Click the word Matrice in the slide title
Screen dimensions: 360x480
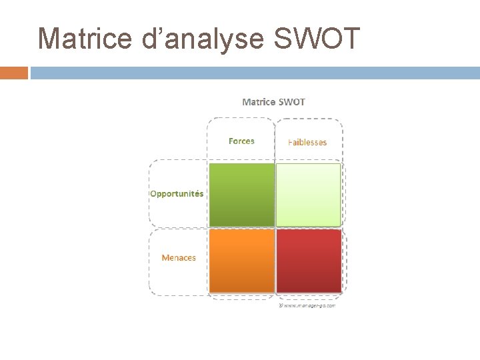click(x=85, y=38)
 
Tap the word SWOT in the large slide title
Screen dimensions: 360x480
click(x=317, y=38)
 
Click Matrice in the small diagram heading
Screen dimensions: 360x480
click(x=259, y=102)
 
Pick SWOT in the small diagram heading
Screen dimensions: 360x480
click(x=292, y=102)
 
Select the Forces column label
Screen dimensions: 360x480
click(x=241, y=141)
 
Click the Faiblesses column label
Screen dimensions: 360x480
click(x=307, y=142)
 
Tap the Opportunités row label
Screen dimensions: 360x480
click(x=177, y=194)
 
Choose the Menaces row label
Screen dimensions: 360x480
click(x=179, y=257)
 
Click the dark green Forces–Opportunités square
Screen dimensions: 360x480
click(x=241, y=195)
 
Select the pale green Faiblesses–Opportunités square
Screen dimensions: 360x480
click(x=309, y=195)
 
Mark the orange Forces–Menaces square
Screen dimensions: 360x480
click(x=241, y=261)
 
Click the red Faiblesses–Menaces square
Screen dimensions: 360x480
click(x=309, y=261)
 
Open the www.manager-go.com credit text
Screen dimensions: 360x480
click(x=309, y=306)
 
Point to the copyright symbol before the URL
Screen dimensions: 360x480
click(x=281, y=306)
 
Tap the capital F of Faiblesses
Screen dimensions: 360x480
click(x=290, y=142)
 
